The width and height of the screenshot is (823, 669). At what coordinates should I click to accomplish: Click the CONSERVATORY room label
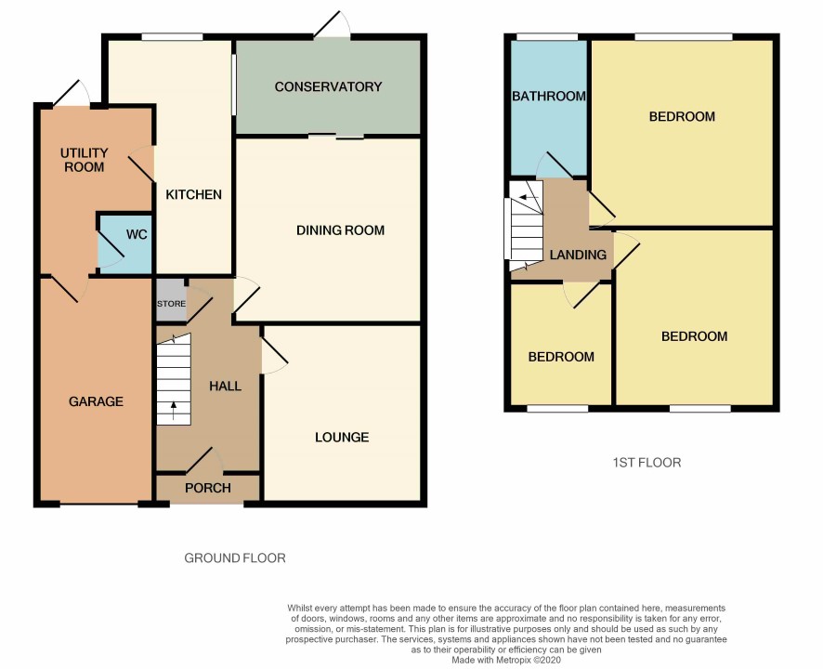click(x=328, y=86)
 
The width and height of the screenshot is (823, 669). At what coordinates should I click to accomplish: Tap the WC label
click(x=137, y=234)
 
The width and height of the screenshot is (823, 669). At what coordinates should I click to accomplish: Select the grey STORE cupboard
click(x=172, y=300)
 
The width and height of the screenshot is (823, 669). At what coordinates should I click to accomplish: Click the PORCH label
click(x=208, y=488)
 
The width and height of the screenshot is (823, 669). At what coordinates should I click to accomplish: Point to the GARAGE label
click(x=96, y=401)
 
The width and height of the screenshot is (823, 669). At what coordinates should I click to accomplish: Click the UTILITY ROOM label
click(x=84, y=160)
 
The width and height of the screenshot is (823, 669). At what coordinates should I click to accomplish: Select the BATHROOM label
click(x=549, y=96)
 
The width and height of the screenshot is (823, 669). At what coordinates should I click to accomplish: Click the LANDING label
click(x=578, y=255)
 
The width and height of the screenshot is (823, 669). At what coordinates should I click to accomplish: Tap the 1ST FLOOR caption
click(x=647, y=463)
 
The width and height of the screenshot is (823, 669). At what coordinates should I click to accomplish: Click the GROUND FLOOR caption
click(x=235, y=557)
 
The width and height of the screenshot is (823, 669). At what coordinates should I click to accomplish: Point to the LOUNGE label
click(x=342, y=437)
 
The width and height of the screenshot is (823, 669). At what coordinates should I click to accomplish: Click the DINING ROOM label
click(x=340, y=230)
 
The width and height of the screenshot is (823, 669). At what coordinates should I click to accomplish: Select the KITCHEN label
click(x=194, y=195)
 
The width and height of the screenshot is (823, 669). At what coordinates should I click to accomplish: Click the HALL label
click(x=225, y=387)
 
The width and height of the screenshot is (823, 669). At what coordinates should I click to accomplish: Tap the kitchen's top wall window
click(x=172, y=37)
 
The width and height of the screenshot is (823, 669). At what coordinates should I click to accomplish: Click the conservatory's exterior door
click(x=333, y=25)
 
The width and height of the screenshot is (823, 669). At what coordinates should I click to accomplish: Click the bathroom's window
click(x=547, y=37)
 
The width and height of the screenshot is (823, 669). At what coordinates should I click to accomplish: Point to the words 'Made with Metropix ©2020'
click(x=506, y=660)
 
